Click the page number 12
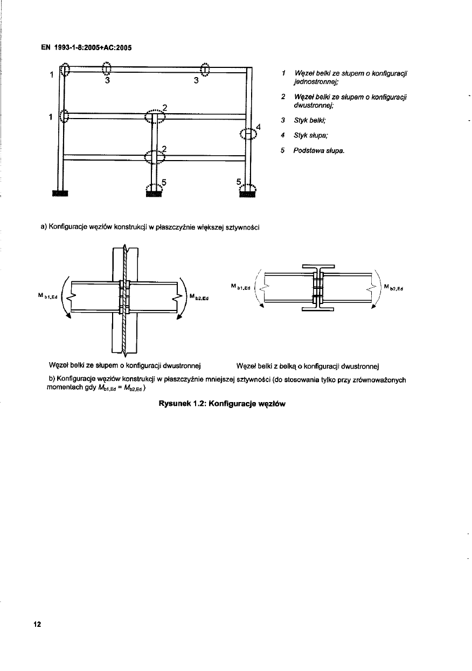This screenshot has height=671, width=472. [37, 625]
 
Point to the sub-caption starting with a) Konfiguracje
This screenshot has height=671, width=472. [150, 226]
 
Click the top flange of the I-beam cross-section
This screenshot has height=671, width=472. [318, 266]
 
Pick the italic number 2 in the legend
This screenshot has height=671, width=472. [283, 96]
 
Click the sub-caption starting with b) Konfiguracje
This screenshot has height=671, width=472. [226, 383]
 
